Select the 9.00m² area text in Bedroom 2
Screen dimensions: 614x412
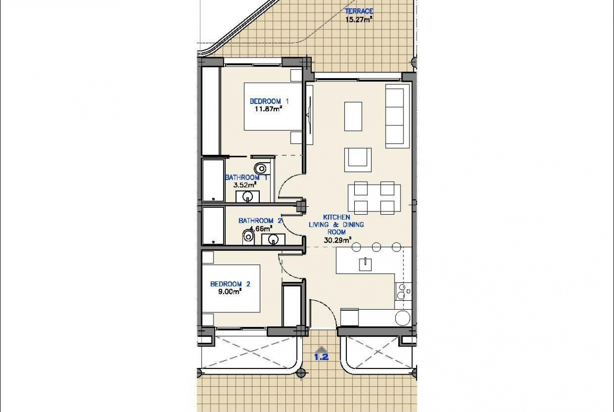230,291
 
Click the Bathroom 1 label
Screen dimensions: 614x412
246,177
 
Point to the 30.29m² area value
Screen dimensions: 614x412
337,240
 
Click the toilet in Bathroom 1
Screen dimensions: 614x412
261,168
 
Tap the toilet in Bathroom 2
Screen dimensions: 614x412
248,236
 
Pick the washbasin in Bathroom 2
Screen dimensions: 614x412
273,239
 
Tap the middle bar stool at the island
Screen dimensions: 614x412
376,247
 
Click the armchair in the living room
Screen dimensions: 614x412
357,160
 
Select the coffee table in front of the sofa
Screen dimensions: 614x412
353,117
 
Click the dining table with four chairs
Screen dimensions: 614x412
374,198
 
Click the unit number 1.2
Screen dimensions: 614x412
321,357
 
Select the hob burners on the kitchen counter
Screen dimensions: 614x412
402,291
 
